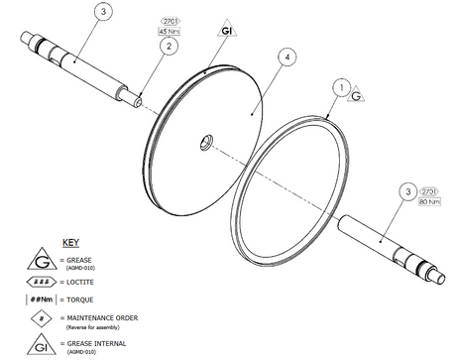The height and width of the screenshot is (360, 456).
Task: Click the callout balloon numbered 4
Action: (285, 59)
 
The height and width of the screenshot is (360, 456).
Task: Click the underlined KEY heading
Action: (72, 242)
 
